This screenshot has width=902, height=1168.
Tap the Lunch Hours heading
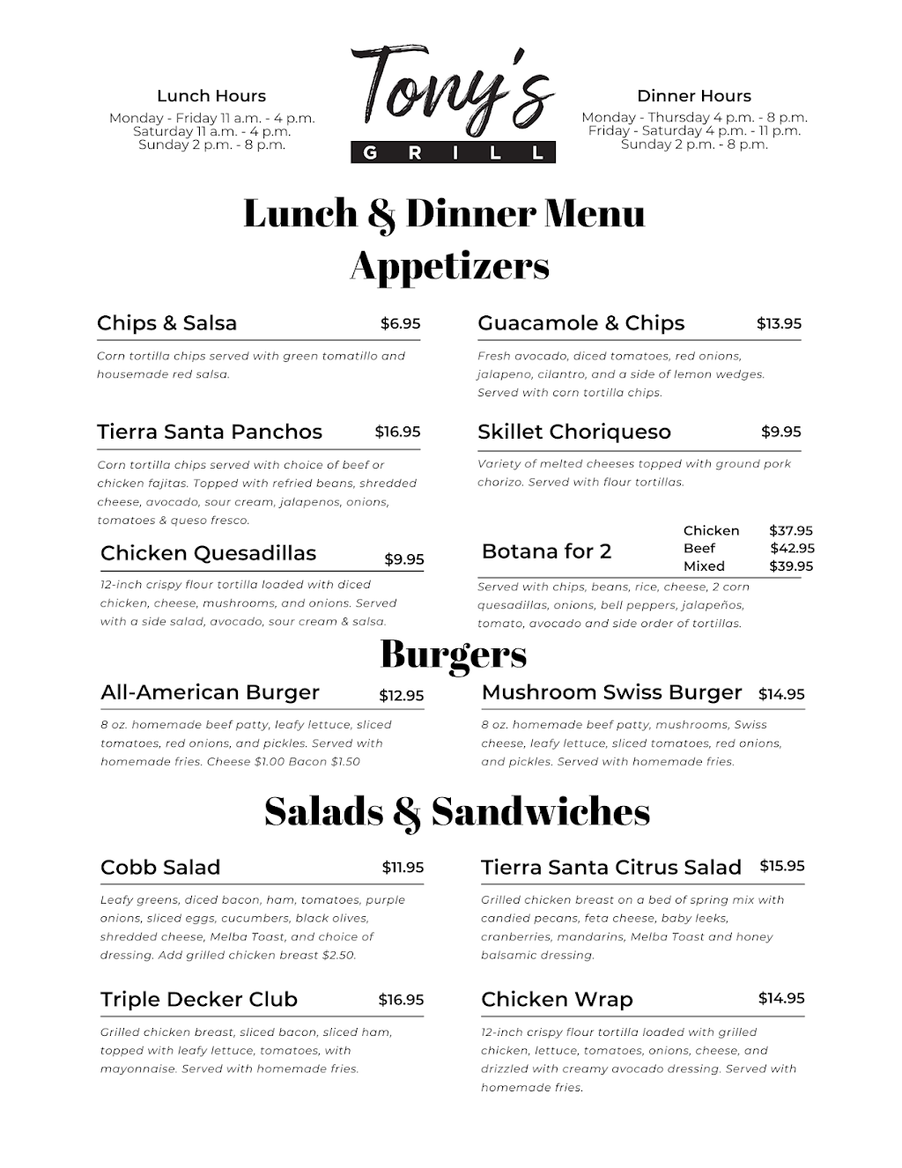click(211, 96)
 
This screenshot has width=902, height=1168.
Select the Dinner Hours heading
click(694, 96)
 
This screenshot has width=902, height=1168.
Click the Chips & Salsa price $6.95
click(400, 323)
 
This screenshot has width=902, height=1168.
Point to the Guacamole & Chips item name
click(580, 323)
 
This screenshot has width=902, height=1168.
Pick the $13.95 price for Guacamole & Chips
click(779, 323)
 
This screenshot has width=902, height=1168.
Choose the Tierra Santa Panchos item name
click(210, 432)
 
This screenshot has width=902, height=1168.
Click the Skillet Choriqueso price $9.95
click(780, 432)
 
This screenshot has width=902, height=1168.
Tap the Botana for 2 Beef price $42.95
click(791, 548)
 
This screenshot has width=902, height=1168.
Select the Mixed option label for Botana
click(704, 566)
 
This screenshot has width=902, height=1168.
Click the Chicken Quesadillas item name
click(208, 553)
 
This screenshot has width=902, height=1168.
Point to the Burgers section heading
click(453, 654)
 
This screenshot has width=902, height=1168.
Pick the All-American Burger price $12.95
click(401, 695)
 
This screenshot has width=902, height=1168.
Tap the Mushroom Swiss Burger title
click(611, 692)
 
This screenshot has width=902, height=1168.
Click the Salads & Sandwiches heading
click(456, 811)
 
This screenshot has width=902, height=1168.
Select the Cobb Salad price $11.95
click(403, 868)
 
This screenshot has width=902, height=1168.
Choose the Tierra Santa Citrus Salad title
click(610, 868)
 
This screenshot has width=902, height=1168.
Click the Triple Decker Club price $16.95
click(401, 1000)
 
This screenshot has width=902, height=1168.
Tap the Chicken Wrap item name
click(557, 1000)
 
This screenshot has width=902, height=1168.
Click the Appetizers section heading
click(449, 265)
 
